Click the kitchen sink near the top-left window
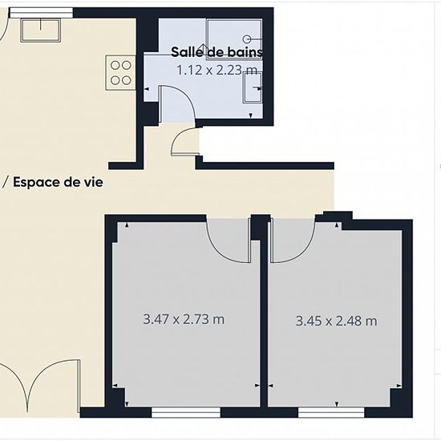click(40, 30)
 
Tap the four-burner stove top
click(120, 71)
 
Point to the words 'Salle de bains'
click(216, 52)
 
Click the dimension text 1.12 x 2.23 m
click(216, 70)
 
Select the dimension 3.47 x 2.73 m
click(184, 319)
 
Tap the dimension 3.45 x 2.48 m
click(336, 322)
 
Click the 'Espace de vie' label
click(57, 182)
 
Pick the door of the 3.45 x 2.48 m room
click(289, 241)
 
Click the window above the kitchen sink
click(41, 12)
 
